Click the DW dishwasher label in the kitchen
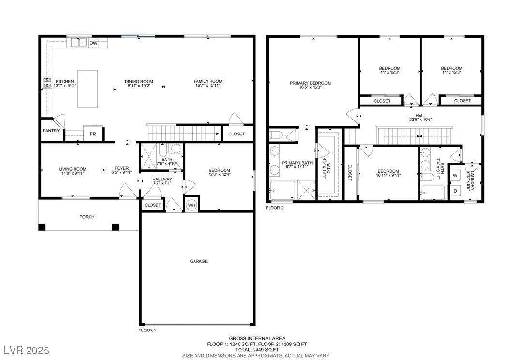pyautogui.click(x=93, y=43)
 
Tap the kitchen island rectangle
pyautogui.click(x=88, y=89)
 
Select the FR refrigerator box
pyautogui.click(x=93, y=134)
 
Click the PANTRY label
pyautogui.click(x=51, y=131)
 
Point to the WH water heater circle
pyautogui.click(x=192, y=205)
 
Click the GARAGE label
pyautogui.click(x=199, y=261)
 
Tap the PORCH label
pyautogui.click(x=87, y=217)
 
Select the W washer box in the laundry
pyautogui.click(x=455, y=176)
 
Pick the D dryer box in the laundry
pyautogui.click(x=455, y=191)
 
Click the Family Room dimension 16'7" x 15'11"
pyautogui.click(x=208, y=86)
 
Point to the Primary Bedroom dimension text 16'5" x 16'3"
pyautogui.click(x=310, y=87)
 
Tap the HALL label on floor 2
pyautogui.click(x=420, y=116)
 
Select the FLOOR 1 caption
pyautogui.click(x=148, y=330)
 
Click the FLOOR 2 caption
pyautogui.click(x=274, y=208)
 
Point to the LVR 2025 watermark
pyautogui.click(x=26, y=350)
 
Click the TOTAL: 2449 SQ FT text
pyautogui.click(x=257, y=349)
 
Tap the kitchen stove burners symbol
pyautogui.click(x=47, y=83)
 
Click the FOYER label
pyautogui.click(x=121, y=168)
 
